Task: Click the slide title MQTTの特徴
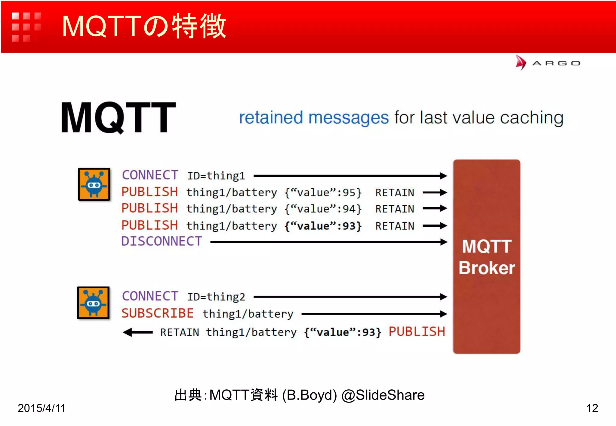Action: (144, 26)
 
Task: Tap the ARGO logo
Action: (547, 63)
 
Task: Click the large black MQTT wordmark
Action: (118, 117)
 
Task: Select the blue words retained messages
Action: (314, 117)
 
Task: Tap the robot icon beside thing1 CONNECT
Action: (94, 184)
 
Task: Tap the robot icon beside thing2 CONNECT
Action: (93, 303)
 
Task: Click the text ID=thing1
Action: (216, 176)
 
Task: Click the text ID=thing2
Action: (216, 297)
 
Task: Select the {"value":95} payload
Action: (323, 192)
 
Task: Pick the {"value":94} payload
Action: (323, 209)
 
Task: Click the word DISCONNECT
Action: (162, 241)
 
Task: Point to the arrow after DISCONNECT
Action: (328, 242)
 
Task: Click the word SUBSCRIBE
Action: (157, 313)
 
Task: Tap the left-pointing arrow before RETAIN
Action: (138, 332)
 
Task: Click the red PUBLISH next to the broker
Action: (417, 332)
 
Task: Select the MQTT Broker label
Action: (487, 257)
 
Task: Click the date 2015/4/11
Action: (42, 408)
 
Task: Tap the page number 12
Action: (592, 408)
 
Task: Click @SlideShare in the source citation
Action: (383, 395)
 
